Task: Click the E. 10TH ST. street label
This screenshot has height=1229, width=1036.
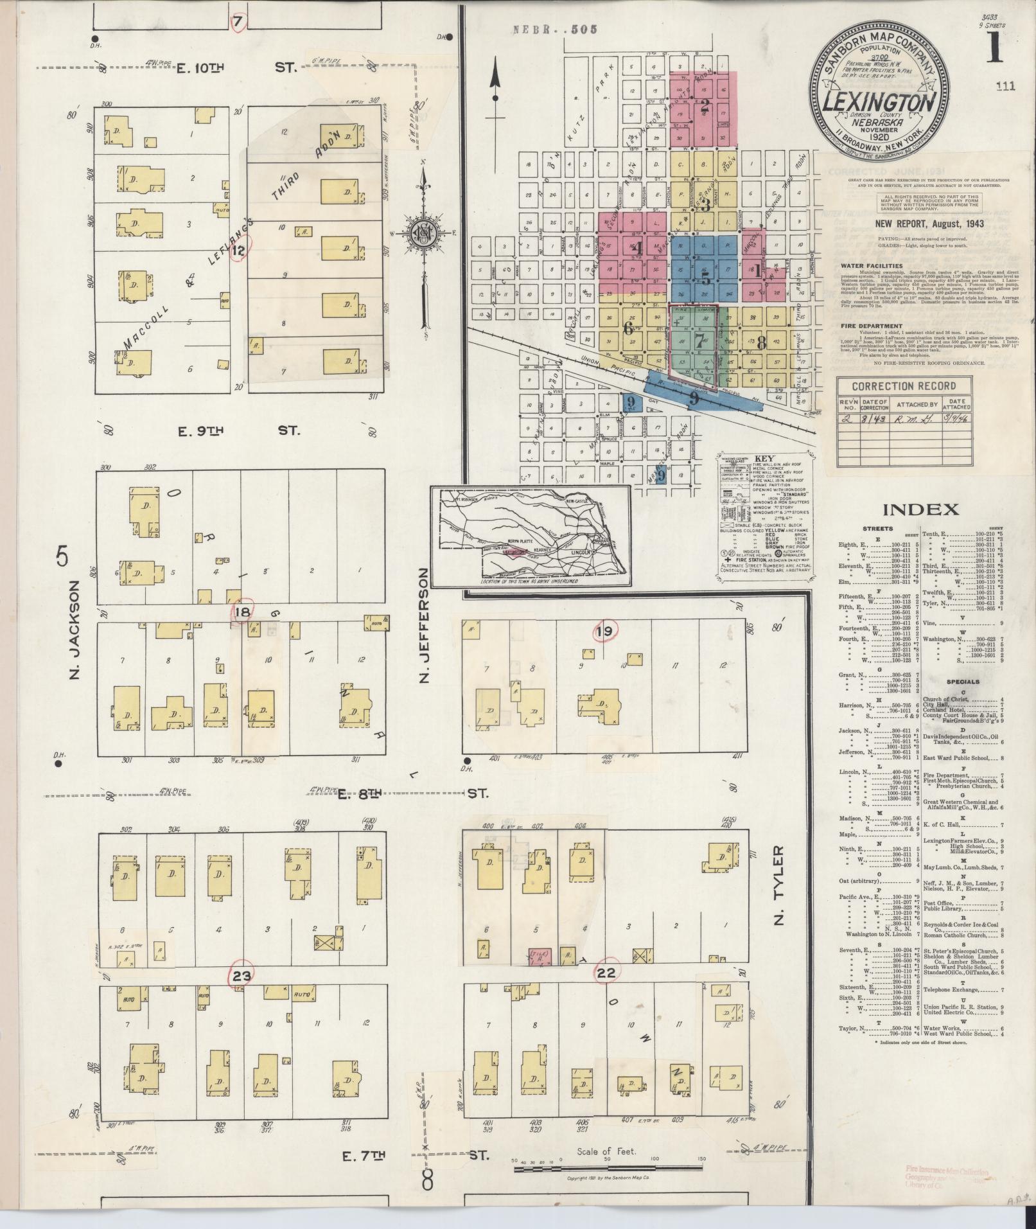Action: [x=238, y=66]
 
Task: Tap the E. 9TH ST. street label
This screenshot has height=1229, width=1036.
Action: [x=238, y=430]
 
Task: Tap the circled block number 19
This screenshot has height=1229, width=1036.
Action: [x=604, y=632]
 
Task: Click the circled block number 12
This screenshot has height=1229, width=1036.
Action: [x=239, y=251]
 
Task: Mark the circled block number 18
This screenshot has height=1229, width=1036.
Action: [x=243, y=612]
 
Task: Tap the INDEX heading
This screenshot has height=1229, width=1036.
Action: [x=921, y=509]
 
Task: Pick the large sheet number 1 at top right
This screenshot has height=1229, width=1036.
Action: [x=993, y=48]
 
